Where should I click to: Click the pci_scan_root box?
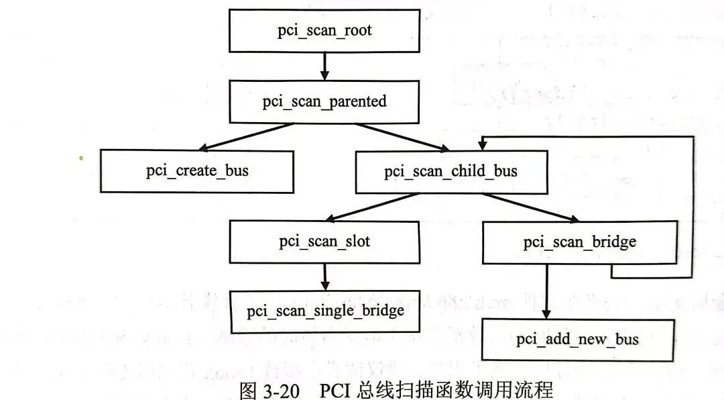(x=324, y=31)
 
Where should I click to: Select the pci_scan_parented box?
(x=324, y=101)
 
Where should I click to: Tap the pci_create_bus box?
(x=197, y=171)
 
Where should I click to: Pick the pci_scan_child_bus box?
(x=450, y=171)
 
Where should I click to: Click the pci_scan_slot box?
(x=324, y=242)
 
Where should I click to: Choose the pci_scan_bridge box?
(x=579, y=242)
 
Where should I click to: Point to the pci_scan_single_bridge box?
(x=325, y=311)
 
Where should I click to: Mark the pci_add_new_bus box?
(x=577, y=340)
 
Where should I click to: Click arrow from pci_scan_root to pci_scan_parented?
(x=324, y=66)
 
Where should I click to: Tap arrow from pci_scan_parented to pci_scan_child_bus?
(x=402, y=136)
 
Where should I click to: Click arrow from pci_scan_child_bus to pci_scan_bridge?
(x=530, y=207)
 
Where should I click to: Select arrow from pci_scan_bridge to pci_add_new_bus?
(x=547, y=291)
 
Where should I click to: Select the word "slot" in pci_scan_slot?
(x=355, y=242)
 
